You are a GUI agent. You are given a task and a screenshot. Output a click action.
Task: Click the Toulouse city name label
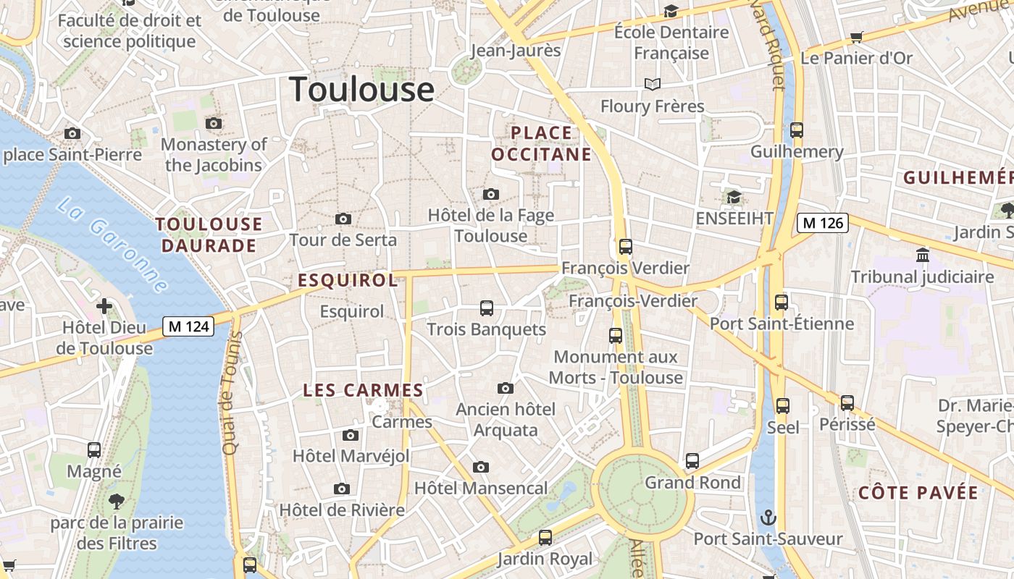point(361,89)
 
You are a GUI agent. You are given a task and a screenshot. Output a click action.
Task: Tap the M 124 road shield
point(188,326)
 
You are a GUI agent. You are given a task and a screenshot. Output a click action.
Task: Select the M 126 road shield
point(823,223)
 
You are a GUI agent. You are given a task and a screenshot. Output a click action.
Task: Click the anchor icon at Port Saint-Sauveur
point(768,517)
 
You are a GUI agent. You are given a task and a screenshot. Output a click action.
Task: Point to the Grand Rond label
point(692,482)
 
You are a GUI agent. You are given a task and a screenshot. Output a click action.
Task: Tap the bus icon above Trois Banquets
point(487,308)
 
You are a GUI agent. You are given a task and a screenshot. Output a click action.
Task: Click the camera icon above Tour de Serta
point(343,219)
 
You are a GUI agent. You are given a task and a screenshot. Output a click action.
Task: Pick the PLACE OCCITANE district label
point(541,143)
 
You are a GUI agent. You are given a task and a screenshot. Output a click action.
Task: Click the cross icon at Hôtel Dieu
point(104,306)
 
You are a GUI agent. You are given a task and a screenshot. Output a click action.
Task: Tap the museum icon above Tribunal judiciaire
point(923,255)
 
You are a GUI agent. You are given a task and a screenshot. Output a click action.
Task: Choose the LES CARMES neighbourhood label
point(363,390)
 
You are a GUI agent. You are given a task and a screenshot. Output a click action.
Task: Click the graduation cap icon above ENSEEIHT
point(734,198)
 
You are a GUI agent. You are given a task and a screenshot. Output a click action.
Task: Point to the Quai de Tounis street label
point(231,393)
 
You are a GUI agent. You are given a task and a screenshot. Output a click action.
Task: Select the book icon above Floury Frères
point(653,85)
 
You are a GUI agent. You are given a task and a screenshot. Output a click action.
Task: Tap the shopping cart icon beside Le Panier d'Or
point(857,37)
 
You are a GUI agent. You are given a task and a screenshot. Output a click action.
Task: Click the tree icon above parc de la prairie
point(116,501)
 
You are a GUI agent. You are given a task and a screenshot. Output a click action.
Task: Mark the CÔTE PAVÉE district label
point(918,493)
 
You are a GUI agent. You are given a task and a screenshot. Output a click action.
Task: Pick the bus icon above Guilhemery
point(797,130)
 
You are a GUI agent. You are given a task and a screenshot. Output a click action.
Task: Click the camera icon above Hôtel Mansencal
point(481,467)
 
